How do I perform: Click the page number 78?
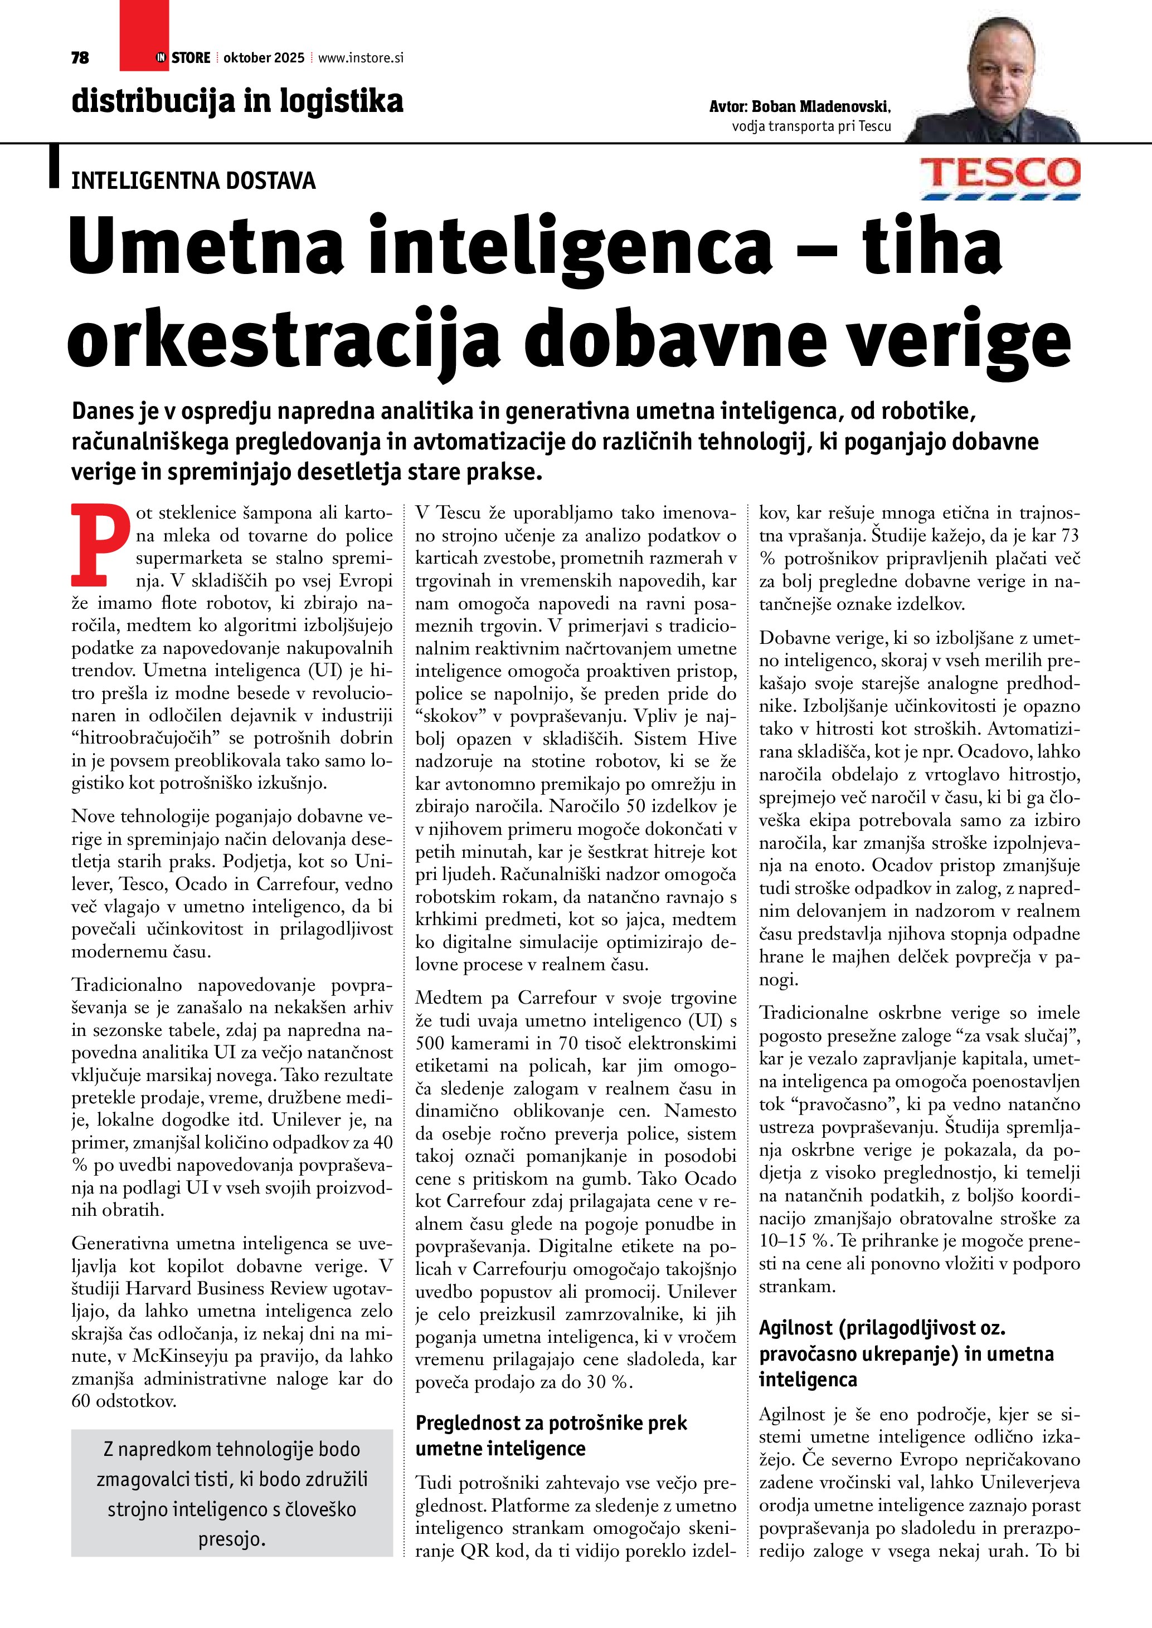point(80,58)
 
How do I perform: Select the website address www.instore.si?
point(361,58)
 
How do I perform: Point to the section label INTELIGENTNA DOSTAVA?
point(193,181)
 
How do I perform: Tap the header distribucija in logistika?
point(237,101)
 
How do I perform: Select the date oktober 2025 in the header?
point(263,58)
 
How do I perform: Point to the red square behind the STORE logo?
point(144,36)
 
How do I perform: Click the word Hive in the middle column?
point(717,739)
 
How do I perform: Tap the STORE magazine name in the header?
point(190,58)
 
